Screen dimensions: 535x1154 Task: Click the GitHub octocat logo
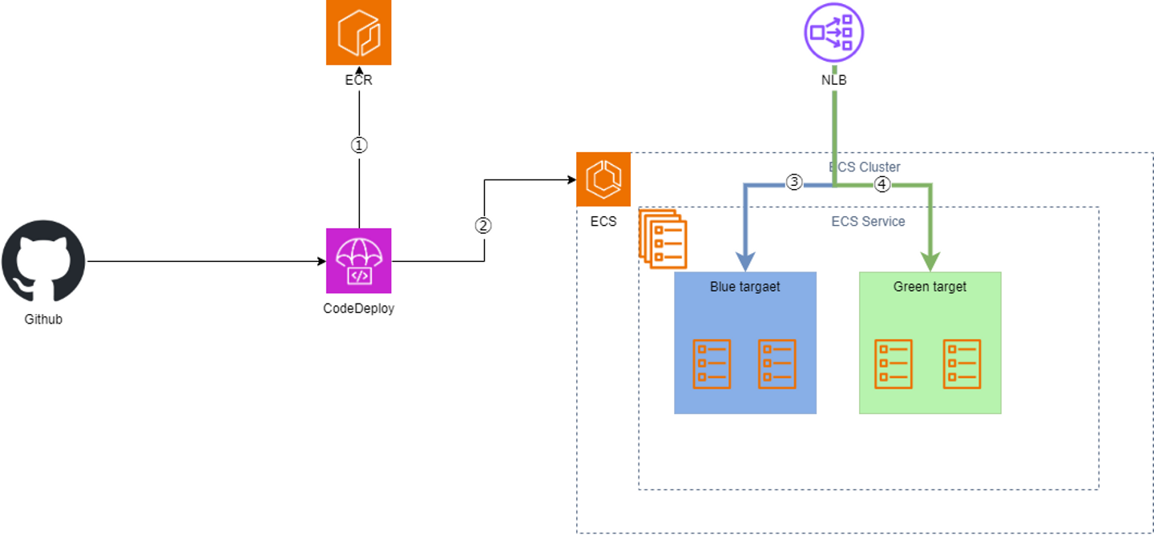point(43,262)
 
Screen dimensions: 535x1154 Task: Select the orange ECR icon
point(358,32)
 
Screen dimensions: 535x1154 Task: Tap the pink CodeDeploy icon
point(358,261)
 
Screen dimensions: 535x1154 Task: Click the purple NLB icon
point(833,32)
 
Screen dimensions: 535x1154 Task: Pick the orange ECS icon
point(603,179)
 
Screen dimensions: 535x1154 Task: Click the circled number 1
point(359,145)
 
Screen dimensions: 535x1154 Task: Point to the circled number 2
point(482,225)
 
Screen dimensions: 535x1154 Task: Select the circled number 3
point(793,182)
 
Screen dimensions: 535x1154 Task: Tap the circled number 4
point(882,184)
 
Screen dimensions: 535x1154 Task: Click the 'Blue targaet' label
point(744,286)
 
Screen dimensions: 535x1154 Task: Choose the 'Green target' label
point(930,286)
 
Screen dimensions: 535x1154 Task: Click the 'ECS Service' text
point(868,221)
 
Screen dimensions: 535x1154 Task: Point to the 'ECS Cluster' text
point(865,167)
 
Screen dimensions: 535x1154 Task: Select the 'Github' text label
point(43,319)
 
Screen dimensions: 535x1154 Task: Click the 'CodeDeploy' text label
point(358,308)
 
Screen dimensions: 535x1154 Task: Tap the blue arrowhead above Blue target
point(746,262)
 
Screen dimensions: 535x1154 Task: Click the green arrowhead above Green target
point(930,262)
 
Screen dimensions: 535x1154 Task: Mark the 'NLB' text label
point(833,80)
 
